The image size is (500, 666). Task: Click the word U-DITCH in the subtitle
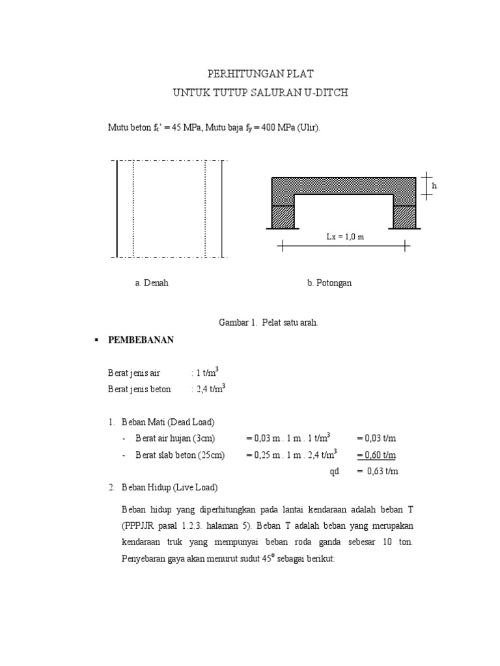tap(326, 93)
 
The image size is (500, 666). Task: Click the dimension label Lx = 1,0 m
tap(345, 237)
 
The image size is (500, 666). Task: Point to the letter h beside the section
tap(434, 186)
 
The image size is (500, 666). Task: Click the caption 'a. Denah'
tap(152, 284)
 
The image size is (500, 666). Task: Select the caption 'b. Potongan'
tap(329, 284)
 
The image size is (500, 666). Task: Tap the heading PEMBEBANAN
tap(141, 340)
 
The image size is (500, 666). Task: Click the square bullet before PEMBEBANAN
tap(96, 340)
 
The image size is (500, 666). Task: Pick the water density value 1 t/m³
tap(208, 373)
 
